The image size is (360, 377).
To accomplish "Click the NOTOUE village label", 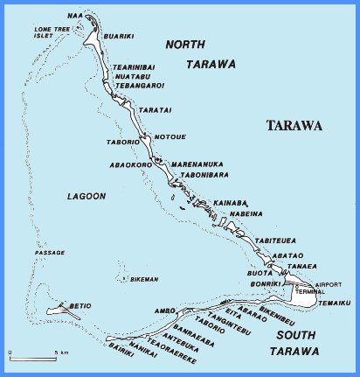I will click(169, 137).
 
